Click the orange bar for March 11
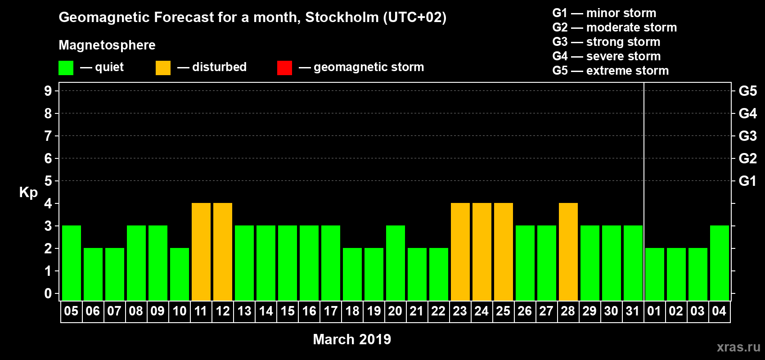201,252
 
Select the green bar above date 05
72,263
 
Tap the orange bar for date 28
568,252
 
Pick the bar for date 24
482,252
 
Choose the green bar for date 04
720,263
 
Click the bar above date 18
352,274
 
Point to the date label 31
633,311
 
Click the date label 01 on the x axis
654,311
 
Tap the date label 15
288,311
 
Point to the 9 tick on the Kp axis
48,91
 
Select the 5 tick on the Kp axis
48,181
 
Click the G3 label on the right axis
747,136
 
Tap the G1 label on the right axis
747,181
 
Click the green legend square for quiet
66,68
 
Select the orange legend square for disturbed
163,68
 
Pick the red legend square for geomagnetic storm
284,68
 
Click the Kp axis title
28,192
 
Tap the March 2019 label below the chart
352,339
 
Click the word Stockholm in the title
342,18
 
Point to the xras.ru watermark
738,347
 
